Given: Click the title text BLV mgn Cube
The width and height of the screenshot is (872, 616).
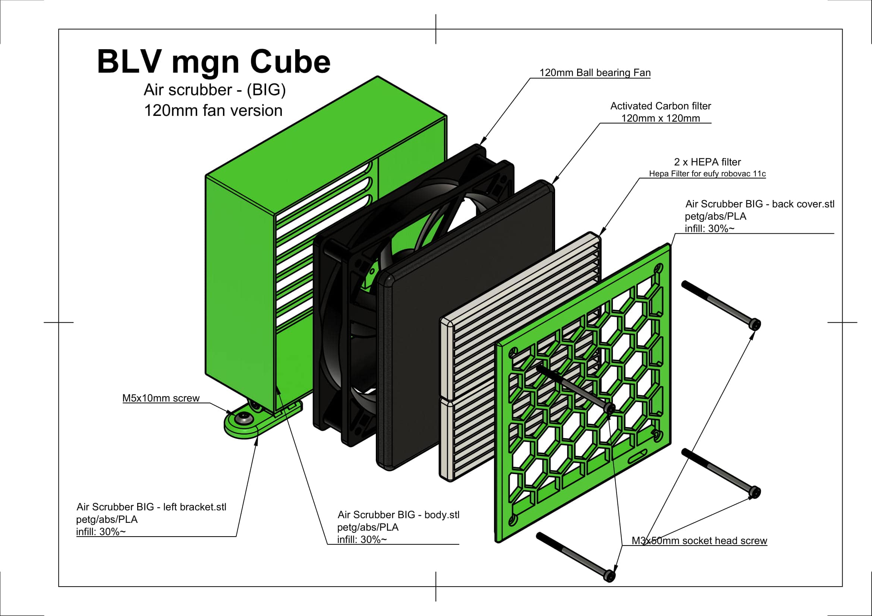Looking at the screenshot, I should click(214, 61).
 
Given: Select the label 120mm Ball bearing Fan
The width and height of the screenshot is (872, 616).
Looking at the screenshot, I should click(595, 73).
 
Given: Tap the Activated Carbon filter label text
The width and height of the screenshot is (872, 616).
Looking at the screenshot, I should click(660, 106).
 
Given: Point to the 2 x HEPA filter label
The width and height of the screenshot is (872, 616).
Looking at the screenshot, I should click(707, 162).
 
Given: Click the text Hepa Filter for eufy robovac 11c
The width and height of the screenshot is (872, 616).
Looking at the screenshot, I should click(707, 174).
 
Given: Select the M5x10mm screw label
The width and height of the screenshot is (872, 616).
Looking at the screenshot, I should click(161, 398).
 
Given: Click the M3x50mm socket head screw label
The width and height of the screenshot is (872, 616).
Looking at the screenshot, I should click(699, 540).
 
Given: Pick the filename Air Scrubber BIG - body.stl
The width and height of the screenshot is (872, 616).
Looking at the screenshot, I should click(398, 515).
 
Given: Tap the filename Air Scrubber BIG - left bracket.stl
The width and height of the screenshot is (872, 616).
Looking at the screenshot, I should click(151, 507).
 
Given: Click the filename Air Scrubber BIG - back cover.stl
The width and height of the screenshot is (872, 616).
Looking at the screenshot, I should click(759, 204).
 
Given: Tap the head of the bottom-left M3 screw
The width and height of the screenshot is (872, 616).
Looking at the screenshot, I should click(609, 575).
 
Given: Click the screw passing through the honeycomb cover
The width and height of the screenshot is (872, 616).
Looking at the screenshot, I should click(573, 388).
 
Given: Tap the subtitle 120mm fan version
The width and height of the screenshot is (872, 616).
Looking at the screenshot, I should click(213, 110).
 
